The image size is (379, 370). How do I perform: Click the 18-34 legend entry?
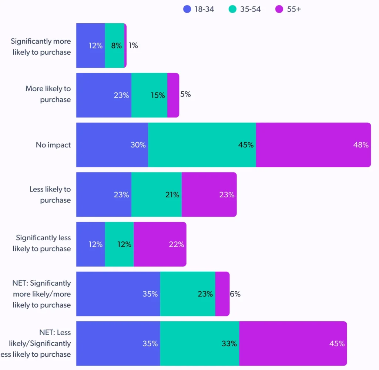199,9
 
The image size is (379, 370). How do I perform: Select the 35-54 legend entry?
245,9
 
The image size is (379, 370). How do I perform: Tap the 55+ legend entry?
289,9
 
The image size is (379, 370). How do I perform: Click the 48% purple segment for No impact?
313,145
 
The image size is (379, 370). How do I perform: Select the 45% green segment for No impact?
202,145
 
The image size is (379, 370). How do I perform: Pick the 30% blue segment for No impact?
112,145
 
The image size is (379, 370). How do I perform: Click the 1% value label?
133,45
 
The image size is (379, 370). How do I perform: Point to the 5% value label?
185,94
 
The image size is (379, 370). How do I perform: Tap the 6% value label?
235,294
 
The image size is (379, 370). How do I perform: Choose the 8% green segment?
115,45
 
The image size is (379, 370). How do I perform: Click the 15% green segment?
149,95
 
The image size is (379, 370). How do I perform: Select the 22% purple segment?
160,244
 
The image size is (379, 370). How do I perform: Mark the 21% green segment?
156,194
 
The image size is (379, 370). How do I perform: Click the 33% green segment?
199,343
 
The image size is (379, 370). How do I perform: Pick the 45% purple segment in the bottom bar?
293,343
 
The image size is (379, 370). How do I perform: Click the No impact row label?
53,145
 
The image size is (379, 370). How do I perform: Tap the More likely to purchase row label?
48,94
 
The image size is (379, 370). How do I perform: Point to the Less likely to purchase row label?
50,194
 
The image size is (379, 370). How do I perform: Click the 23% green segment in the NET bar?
187,294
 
